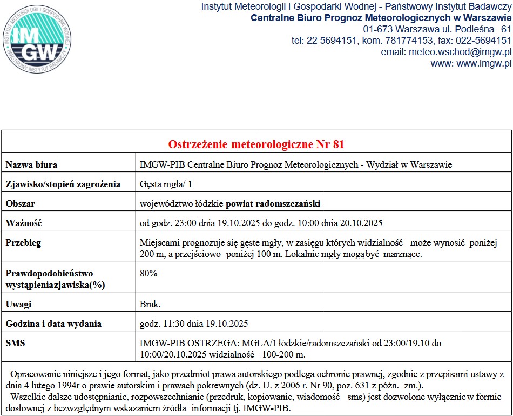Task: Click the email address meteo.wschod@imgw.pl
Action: (x=460, y=52)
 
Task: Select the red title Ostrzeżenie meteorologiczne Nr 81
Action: (x=256, y=144)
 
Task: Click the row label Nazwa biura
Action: (x=31, y=164)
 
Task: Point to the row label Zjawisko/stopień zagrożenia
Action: (x=63, y=184)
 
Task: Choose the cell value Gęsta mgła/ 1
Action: (x=166, y=184)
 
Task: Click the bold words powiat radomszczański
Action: (x=273, y=204)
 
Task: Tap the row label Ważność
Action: (x=24, y=223)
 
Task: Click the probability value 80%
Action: (x=148, y=274)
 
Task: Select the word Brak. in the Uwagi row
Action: (x=150, y=305)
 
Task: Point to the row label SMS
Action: (x=15, y=343)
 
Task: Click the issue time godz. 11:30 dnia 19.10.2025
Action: (x=194, y=324)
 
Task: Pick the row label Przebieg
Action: (x=23, y=242)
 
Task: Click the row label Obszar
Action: (x=21, y=204)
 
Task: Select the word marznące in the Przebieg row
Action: (x=402, y=254)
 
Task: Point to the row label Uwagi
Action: (x=19, y=305)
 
